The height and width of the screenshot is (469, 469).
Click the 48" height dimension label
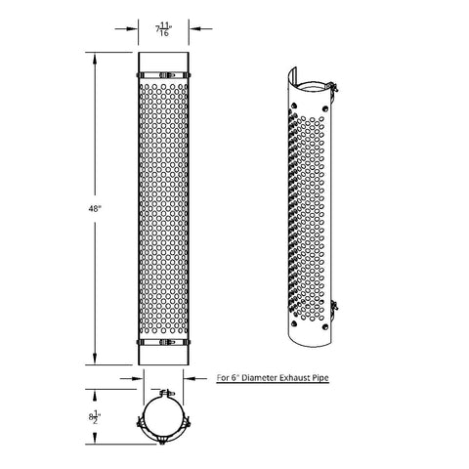[x=95, y=209]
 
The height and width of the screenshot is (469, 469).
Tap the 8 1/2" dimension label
[x=95, y=417]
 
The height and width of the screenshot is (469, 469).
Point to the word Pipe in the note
[x=320, y=378]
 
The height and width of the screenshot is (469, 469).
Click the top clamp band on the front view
[x=163, y=75]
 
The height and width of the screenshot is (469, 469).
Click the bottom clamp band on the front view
[x=163, y=342]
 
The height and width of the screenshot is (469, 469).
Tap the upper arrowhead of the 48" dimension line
[x=95, y=60]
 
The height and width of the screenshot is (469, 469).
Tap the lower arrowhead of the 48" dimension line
[x=95, y=358]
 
